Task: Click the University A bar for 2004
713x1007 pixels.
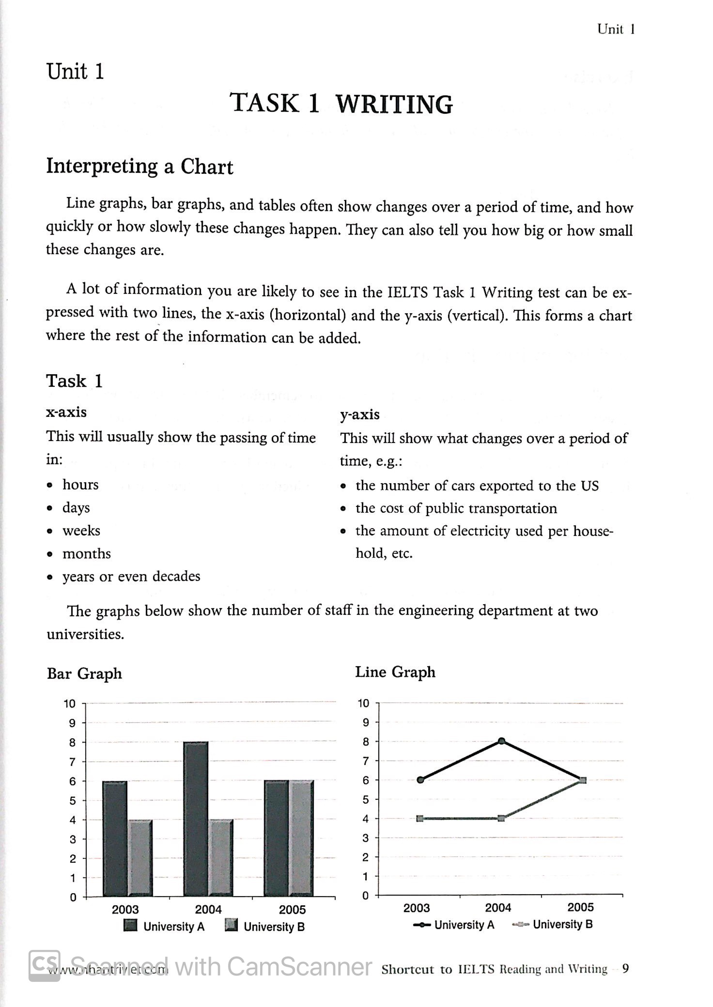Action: pos(196,818)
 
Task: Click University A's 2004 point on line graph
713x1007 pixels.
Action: pos(501,741)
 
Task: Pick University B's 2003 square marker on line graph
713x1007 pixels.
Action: pos(420,819)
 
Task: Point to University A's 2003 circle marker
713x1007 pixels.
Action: pos(420,780)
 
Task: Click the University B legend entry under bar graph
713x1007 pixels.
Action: pos(265,927)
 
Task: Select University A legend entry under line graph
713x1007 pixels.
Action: pos(454,925)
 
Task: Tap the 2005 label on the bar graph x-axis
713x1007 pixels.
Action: pos(292,910)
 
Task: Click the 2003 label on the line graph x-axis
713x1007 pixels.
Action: pos(417,908)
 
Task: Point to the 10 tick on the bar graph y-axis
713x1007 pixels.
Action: pos(70,704)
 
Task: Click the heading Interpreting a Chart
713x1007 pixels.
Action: pos(139,167)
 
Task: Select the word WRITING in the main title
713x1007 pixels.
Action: pos(394,104)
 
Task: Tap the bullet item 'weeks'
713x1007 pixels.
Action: pos(81,531)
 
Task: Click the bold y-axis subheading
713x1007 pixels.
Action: pos(359,414)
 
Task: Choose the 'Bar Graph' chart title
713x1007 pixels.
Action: pos(84,673)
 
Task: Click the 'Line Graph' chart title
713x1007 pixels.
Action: pos(395,672)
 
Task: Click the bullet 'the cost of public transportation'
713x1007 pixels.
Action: pos(456,508)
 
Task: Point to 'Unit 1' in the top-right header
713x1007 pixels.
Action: pos(616,30)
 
